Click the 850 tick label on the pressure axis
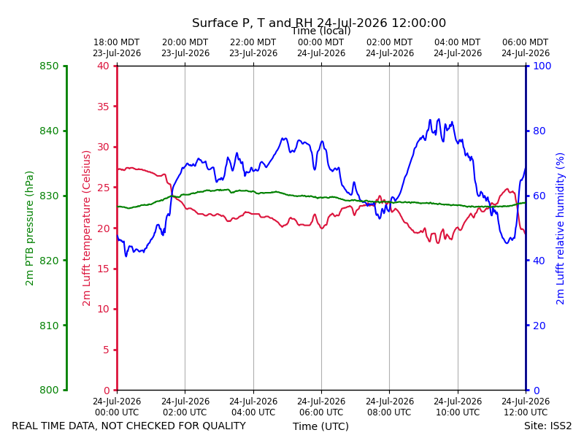click(x=49, y=66)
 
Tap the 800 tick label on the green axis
click(x=49, y=390)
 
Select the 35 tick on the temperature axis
click(x=104, y=107)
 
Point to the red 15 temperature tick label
click(x=104, y=269)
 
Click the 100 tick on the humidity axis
click(x=542, y=66)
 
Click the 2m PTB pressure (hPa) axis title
click(x=29, y=228)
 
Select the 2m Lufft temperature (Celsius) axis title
click(x=86, y=228)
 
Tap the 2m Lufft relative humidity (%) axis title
click(x=560, y=228)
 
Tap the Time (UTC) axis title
click(x=320, y=426)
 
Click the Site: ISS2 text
click(x=547, y=426)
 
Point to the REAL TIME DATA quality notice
click(x=129, y=426)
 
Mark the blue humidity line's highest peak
click(x=439, y=119)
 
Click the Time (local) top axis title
click(x=321, y=31)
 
